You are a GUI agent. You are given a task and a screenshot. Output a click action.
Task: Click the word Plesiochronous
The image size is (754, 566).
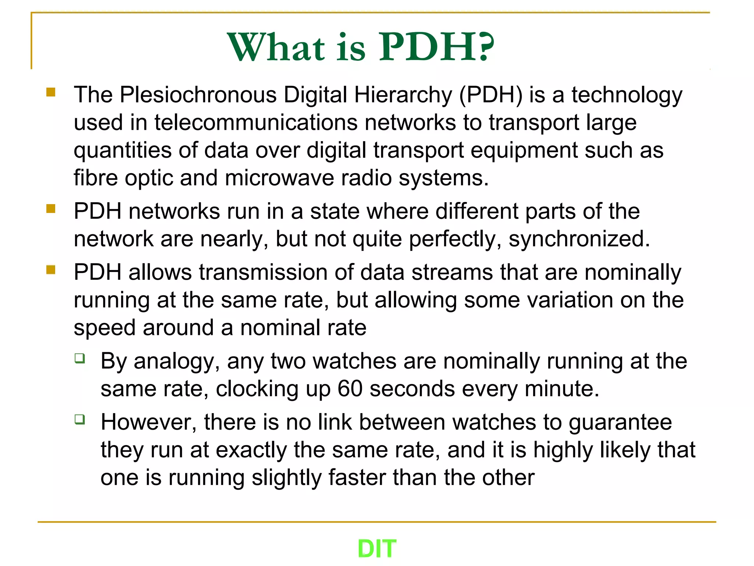coord(198,95)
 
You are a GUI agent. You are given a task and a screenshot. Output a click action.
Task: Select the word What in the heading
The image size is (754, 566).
coord(276,47)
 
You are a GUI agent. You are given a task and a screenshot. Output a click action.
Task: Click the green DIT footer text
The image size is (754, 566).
coord(377,548)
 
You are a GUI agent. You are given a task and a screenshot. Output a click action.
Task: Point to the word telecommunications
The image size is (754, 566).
coord(256,123)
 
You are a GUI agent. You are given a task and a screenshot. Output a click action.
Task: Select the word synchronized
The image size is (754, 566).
coord(579,239)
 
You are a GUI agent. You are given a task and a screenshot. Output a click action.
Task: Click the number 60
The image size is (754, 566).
coord(350,389)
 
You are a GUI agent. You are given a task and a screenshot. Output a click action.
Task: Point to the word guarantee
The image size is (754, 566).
coord(620,422)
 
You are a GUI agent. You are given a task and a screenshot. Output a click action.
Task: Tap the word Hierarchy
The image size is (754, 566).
coord(403,95)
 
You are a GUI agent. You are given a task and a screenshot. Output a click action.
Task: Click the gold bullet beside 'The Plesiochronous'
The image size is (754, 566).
coord(51,92)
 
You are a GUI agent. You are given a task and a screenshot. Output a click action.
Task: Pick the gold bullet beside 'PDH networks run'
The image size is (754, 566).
coord(51,209)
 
